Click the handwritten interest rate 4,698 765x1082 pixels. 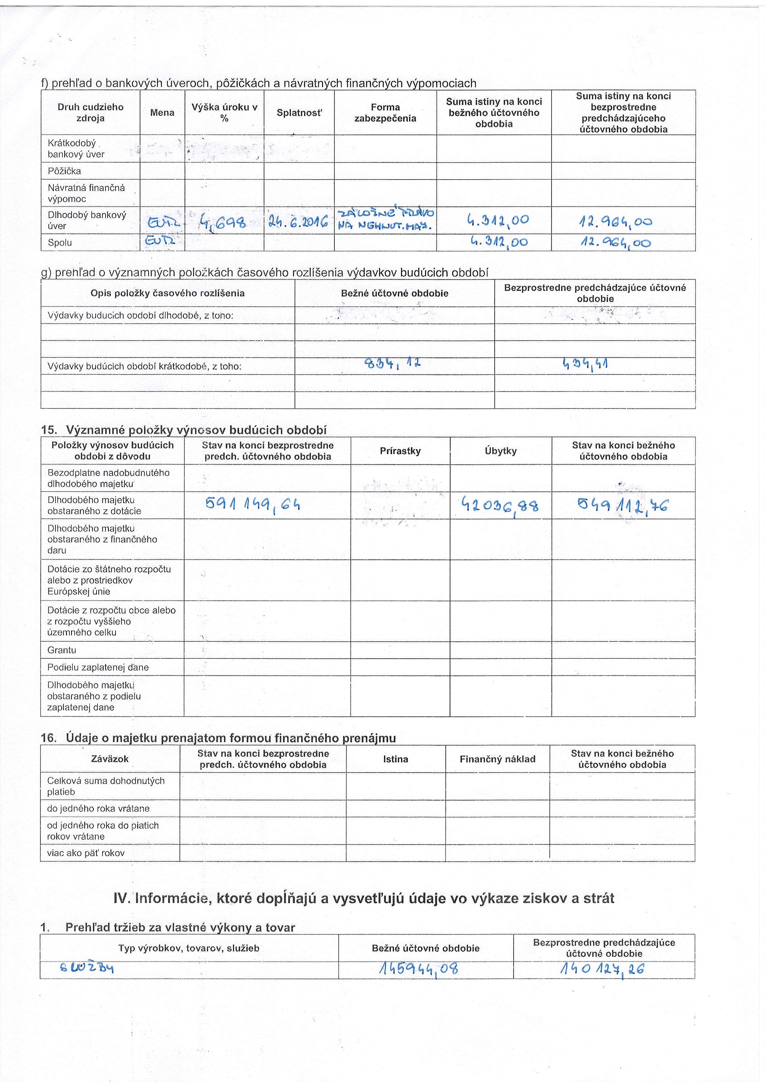click(x=222, y=221)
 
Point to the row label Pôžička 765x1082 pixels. click(x=64, y=171)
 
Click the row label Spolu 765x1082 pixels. click(x=60, y=243)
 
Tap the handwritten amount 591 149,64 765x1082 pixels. click(x=253, y=505)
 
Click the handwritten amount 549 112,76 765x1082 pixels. click(x=623, y=506)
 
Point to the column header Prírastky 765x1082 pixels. click(x=400, y=451)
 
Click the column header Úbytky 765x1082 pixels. click(x=500, y=451)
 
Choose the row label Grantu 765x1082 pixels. click(x=62, y=650)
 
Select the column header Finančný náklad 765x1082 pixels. click(x=498, y=759)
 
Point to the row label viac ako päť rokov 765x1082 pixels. click(x=86, y=853)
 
